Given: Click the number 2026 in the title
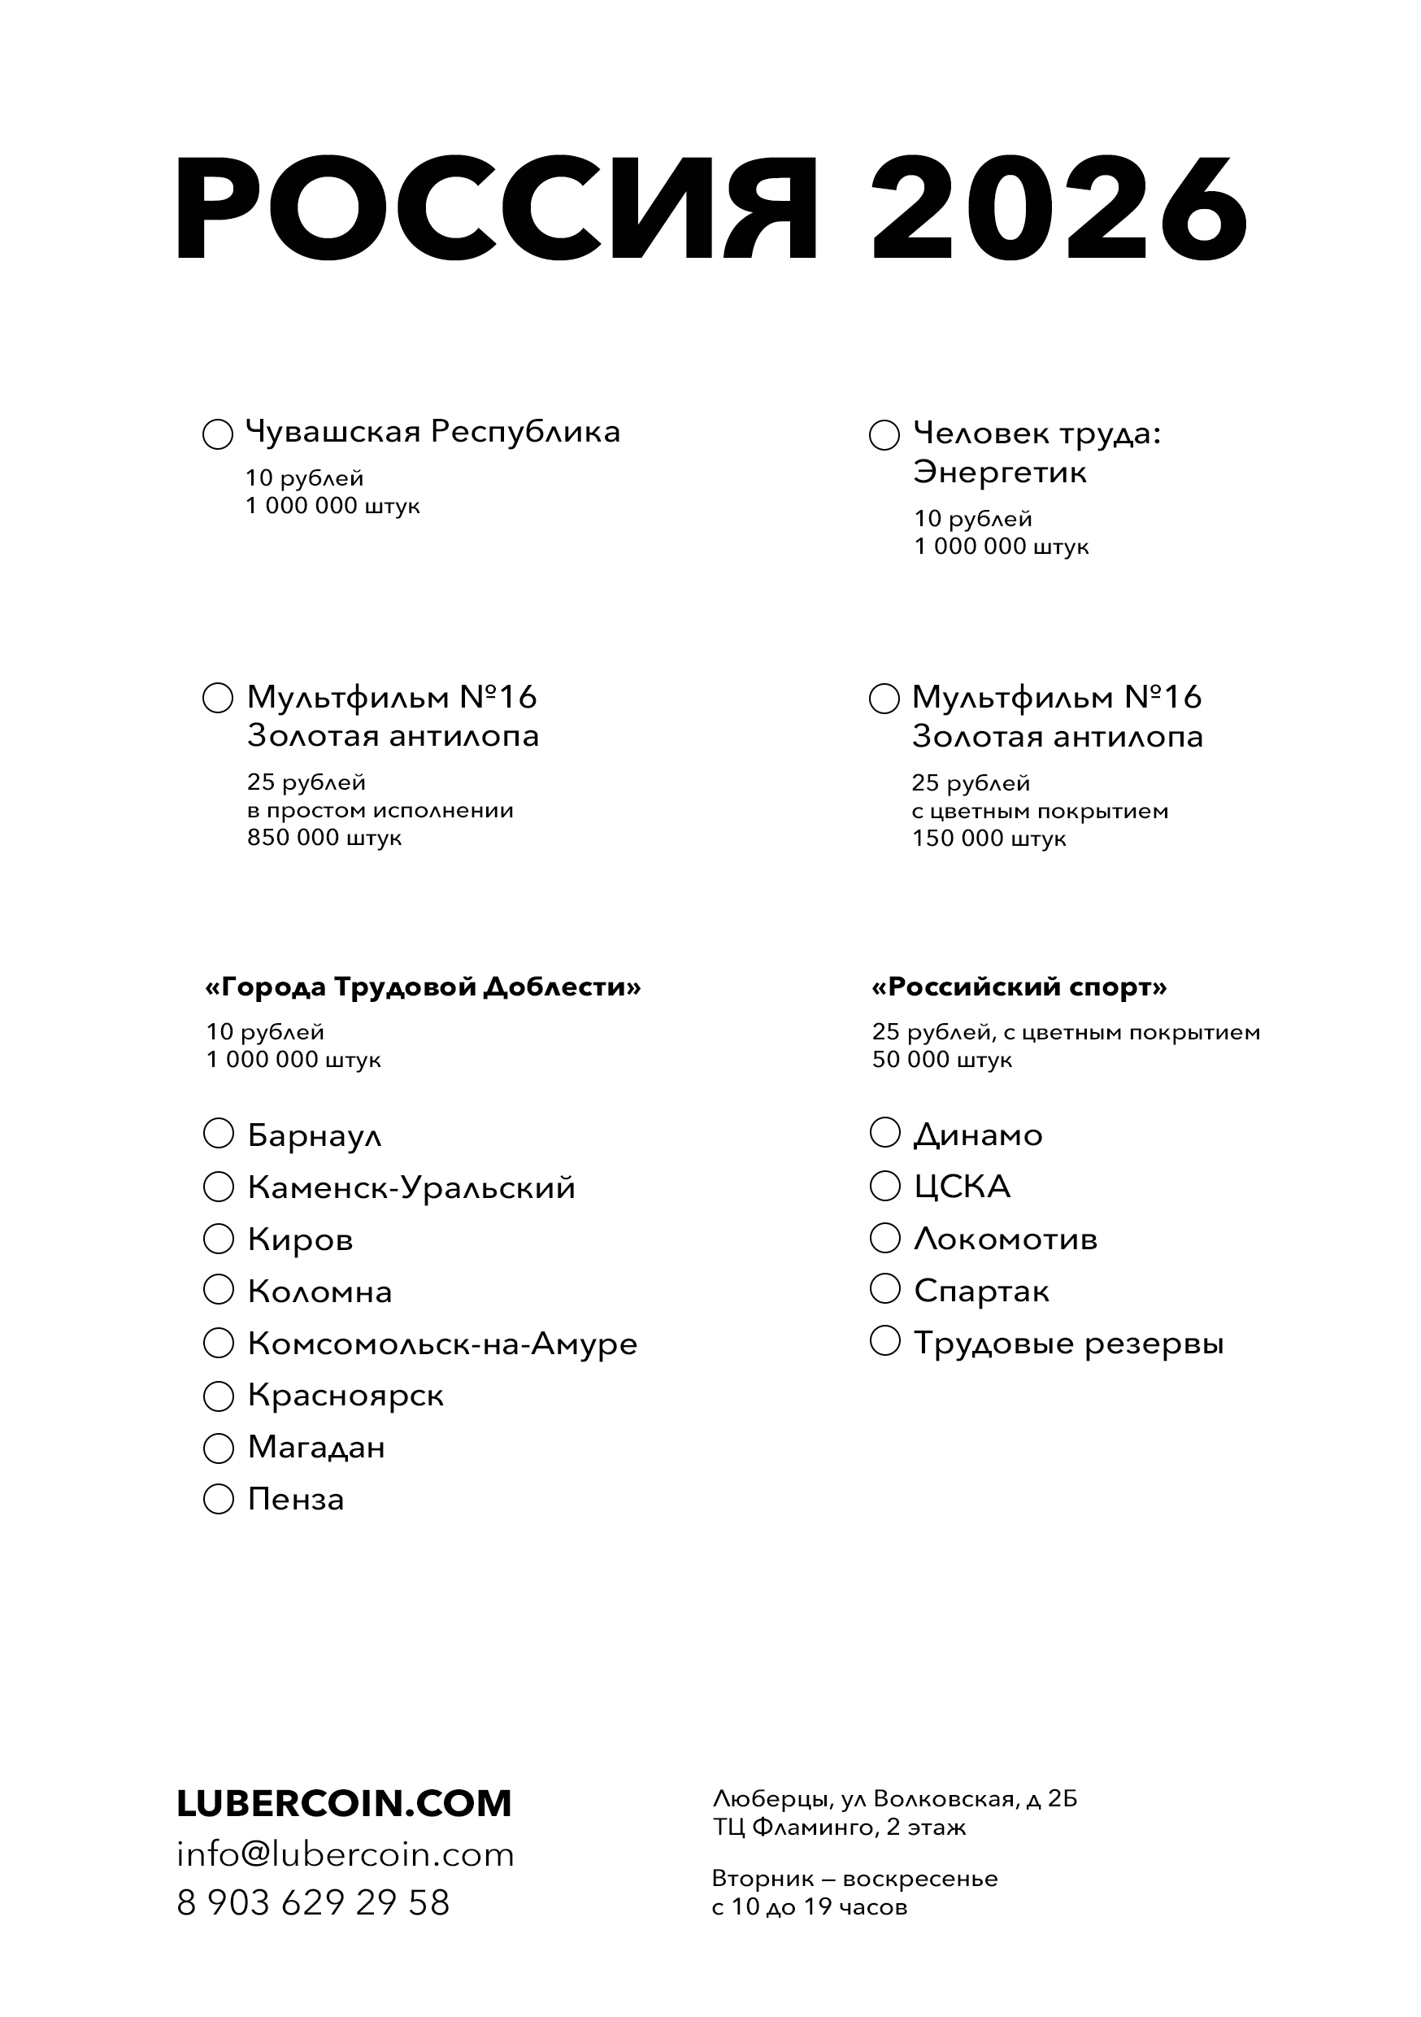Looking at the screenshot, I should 1058,208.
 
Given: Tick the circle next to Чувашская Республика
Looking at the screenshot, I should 218,434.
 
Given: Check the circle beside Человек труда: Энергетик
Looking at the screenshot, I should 884,435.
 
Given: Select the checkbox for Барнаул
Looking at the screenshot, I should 219,1133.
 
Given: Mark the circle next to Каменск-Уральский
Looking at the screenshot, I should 219,1187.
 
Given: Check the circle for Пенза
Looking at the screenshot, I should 219,1499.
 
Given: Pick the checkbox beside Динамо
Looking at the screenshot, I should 884,1133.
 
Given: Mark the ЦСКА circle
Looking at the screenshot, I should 884,1186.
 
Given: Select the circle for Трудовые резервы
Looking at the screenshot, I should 884,1341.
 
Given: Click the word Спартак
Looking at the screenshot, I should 981,1292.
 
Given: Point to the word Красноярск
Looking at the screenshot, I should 345,1396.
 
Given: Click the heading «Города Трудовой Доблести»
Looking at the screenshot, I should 423,987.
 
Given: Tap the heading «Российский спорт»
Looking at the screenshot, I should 1019,987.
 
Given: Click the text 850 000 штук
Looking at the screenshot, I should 324,838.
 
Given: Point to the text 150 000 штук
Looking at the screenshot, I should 989,839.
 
